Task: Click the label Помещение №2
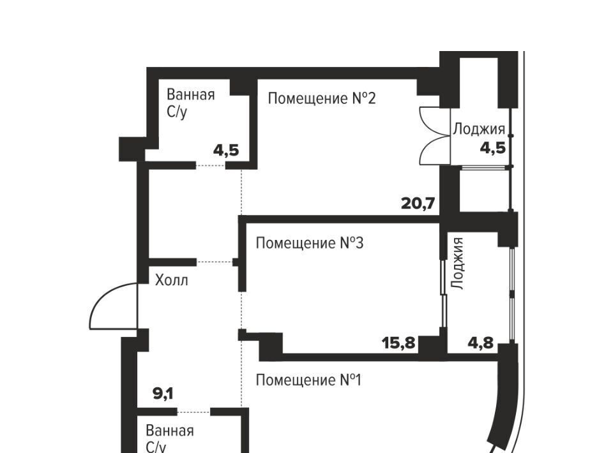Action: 322,98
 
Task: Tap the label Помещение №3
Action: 310,243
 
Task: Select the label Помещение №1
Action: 308,380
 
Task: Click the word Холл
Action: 172,280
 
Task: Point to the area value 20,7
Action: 418,204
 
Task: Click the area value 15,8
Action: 398,344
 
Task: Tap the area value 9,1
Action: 163,394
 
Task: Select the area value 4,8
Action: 481,343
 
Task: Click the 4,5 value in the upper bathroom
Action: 226,151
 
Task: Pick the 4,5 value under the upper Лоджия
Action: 493,149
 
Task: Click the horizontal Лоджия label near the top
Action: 479,129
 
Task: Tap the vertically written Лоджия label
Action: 458,264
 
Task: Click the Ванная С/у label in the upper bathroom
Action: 191,103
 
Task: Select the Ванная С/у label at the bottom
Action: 170,439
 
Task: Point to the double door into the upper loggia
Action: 434,136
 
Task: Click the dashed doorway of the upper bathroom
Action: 211,166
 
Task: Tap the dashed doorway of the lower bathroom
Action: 194,412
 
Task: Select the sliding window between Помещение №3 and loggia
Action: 444,293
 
